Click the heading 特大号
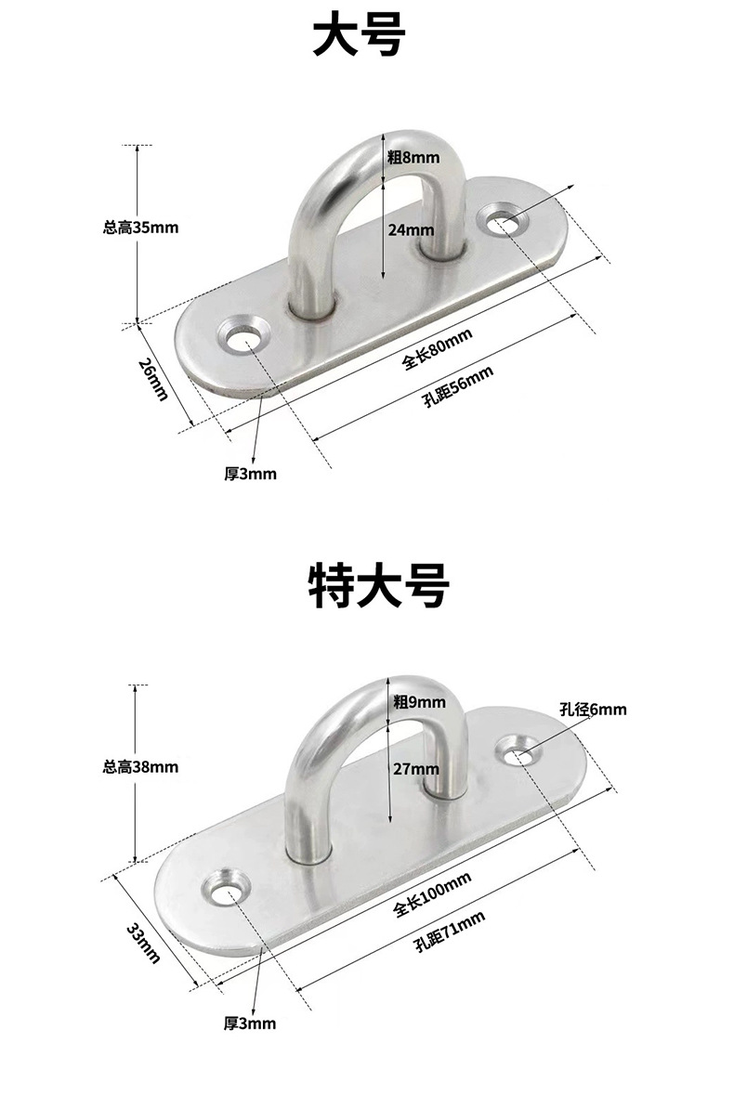pos(378,586)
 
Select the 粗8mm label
pos(414,158)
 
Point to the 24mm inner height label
pos(411,230)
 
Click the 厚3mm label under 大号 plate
pos(250,474)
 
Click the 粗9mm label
pos(419,702)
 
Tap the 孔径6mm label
pos(594,710)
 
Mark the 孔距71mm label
pos(451,932)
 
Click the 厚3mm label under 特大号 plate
pos(250,1024)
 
